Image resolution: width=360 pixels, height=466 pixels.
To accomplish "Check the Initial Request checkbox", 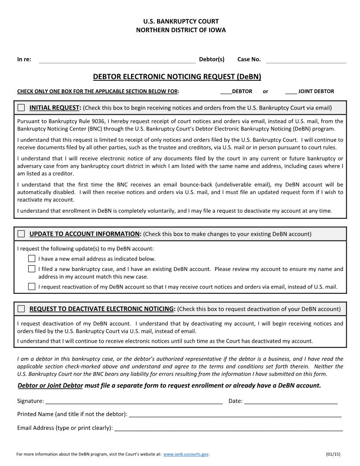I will coord(21,108).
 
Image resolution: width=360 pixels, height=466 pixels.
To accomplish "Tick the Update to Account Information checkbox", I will coord(21,234).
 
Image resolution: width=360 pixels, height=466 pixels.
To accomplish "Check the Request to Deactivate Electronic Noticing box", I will coord(21,309).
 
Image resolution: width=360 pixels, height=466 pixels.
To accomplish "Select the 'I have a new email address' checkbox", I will coord(32,259).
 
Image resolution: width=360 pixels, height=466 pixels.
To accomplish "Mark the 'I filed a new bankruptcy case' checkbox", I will coord(32,269).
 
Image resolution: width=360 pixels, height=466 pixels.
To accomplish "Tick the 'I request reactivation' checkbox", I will coord(32,286).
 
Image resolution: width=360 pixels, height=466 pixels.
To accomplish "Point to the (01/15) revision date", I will coord(333,454).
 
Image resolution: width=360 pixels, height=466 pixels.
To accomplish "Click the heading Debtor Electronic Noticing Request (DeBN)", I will coord(177,77).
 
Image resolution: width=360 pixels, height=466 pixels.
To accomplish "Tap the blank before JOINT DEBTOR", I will coord(291,92).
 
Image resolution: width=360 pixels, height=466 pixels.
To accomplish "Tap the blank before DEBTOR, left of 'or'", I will coord(226,92).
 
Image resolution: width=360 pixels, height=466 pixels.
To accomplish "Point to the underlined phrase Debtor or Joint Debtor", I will coord(50,386).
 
